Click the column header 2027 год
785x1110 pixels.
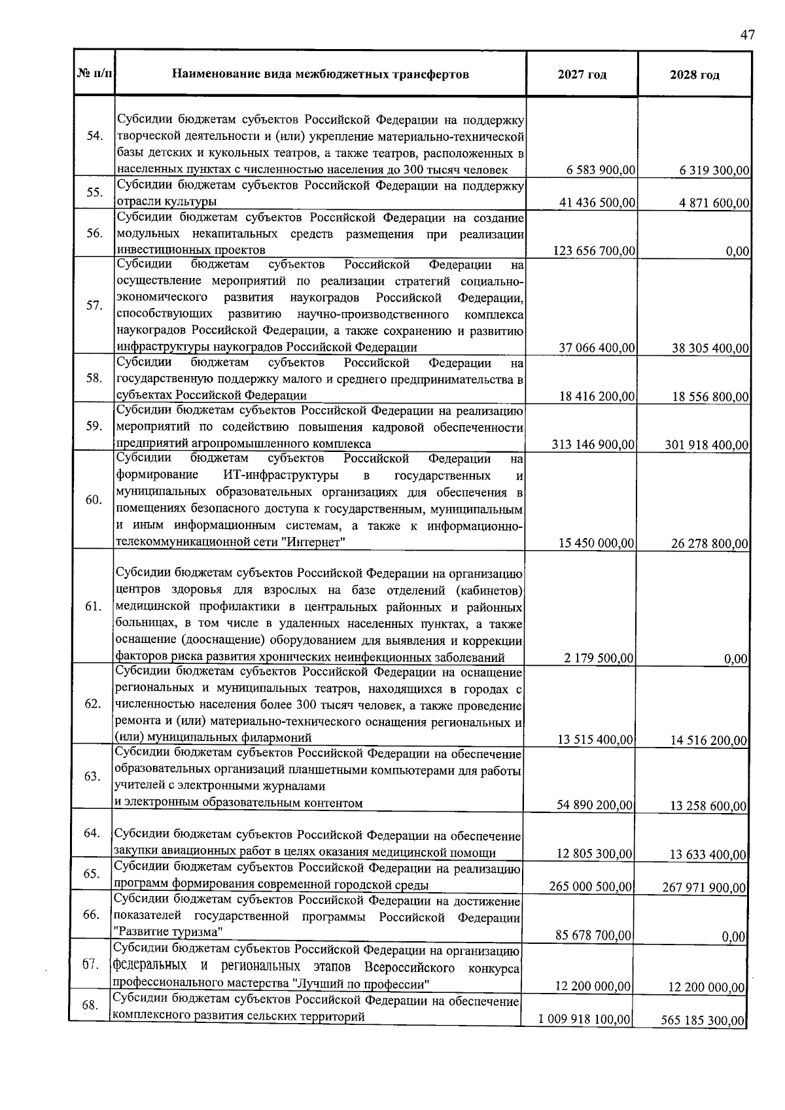[x=582, y=75]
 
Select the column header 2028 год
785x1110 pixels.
[x=694, y=75]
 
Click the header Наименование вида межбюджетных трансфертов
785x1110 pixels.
[x=320, y=74]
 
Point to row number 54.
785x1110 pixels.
[x=95, y=136]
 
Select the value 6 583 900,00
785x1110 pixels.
[x=601, y=170]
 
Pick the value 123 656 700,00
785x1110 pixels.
[x=594, y=251]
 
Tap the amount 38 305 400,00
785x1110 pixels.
[x=710, y=348]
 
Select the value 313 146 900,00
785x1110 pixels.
[x=593, y=445]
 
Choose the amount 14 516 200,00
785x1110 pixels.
[x=708, y=740]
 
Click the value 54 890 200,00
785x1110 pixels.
[x=595, y=805]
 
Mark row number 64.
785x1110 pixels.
[x=92, y=833]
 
